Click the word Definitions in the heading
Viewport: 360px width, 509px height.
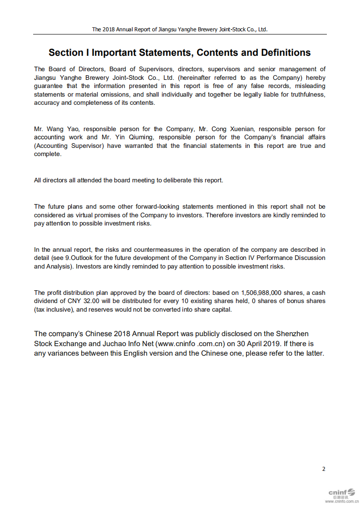tap(286, 53)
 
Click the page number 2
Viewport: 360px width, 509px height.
tap(324, 469)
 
